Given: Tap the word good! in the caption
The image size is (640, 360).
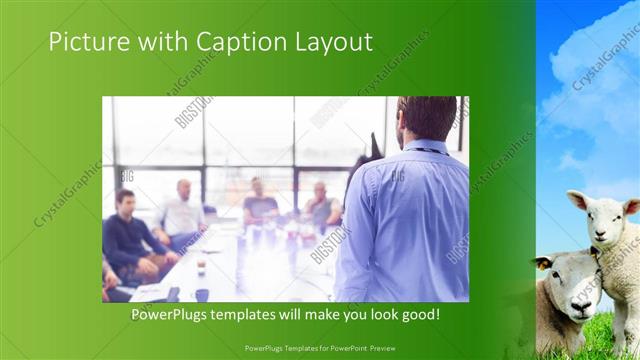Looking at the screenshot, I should (x=418, y=315).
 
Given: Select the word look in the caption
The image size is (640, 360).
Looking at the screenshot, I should (x=377, y=315).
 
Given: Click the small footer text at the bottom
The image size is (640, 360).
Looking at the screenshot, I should (x=320, y=349).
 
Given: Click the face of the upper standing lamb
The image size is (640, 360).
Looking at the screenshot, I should (x=597, y=218).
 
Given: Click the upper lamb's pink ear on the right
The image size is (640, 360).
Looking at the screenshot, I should (x=631, y=207).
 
